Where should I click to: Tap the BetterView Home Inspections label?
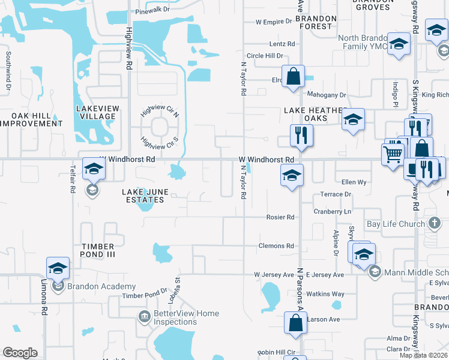click(x=186, y=317)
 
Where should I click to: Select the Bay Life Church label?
click(x=396, y=224)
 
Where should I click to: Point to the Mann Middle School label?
click(x=414, y=272)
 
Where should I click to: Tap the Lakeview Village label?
click(x=96, y=112)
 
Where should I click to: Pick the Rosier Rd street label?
click(x=280, y=217)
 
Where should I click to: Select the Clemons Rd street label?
click(x=276, y=246)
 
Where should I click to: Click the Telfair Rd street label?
click(x=73, y=178)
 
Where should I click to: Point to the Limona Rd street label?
click(x=44, y=298)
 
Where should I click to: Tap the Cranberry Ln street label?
click(x=332, y=212)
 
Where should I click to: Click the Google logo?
click(x=20, y=353)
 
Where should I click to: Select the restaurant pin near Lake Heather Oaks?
click(x=300, y=136)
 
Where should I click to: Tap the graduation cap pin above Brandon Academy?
click(x=58, y=268)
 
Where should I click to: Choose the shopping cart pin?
click(x=393, y=153)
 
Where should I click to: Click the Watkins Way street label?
click(x=325, y=294)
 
